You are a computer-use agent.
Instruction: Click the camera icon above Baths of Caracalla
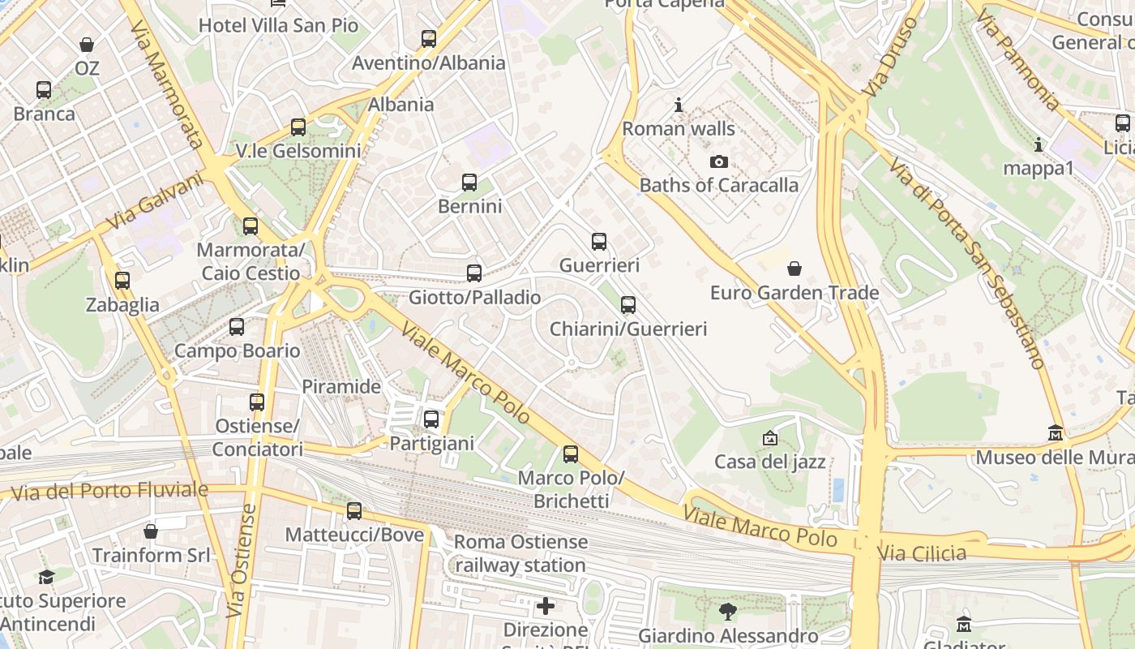[718, 161]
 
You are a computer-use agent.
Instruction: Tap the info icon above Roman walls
[679, 105]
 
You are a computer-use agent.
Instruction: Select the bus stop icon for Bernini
[469, 183]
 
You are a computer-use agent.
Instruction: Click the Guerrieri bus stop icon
[599, 241]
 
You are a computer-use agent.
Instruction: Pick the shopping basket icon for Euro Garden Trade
[794, 269]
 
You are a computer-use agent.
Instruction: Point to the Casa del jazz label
[769, 462]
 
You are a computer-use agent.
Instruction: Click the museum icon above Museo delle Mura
[1055, 433]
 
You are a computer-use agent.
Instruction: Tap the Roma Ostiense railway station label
[520, 553]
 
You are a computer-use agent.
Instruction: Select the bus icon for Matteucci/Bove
[354, 511]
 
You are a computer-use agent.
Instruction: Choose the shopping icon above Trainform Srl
[151, 531]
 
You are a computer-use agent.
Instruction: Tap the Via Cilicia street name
[922, 553]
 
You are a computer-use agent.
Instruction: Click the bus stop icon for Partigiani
[431, 419]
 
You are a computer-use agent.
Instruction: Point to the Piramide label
[341, 386]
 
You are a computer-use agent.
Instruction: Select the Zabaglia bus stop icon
[122, 281]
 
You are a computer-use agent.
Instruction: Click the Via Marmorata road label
[166, 85]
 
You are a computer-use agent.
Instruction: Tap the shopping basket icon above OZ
[87, 45]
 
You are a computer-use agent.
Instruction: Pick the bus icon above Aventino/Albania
[429, 38]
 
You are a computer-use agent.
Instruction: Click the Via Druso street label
[890, 57]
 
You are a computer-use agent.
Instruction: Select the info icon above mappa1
[1039, 144]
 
